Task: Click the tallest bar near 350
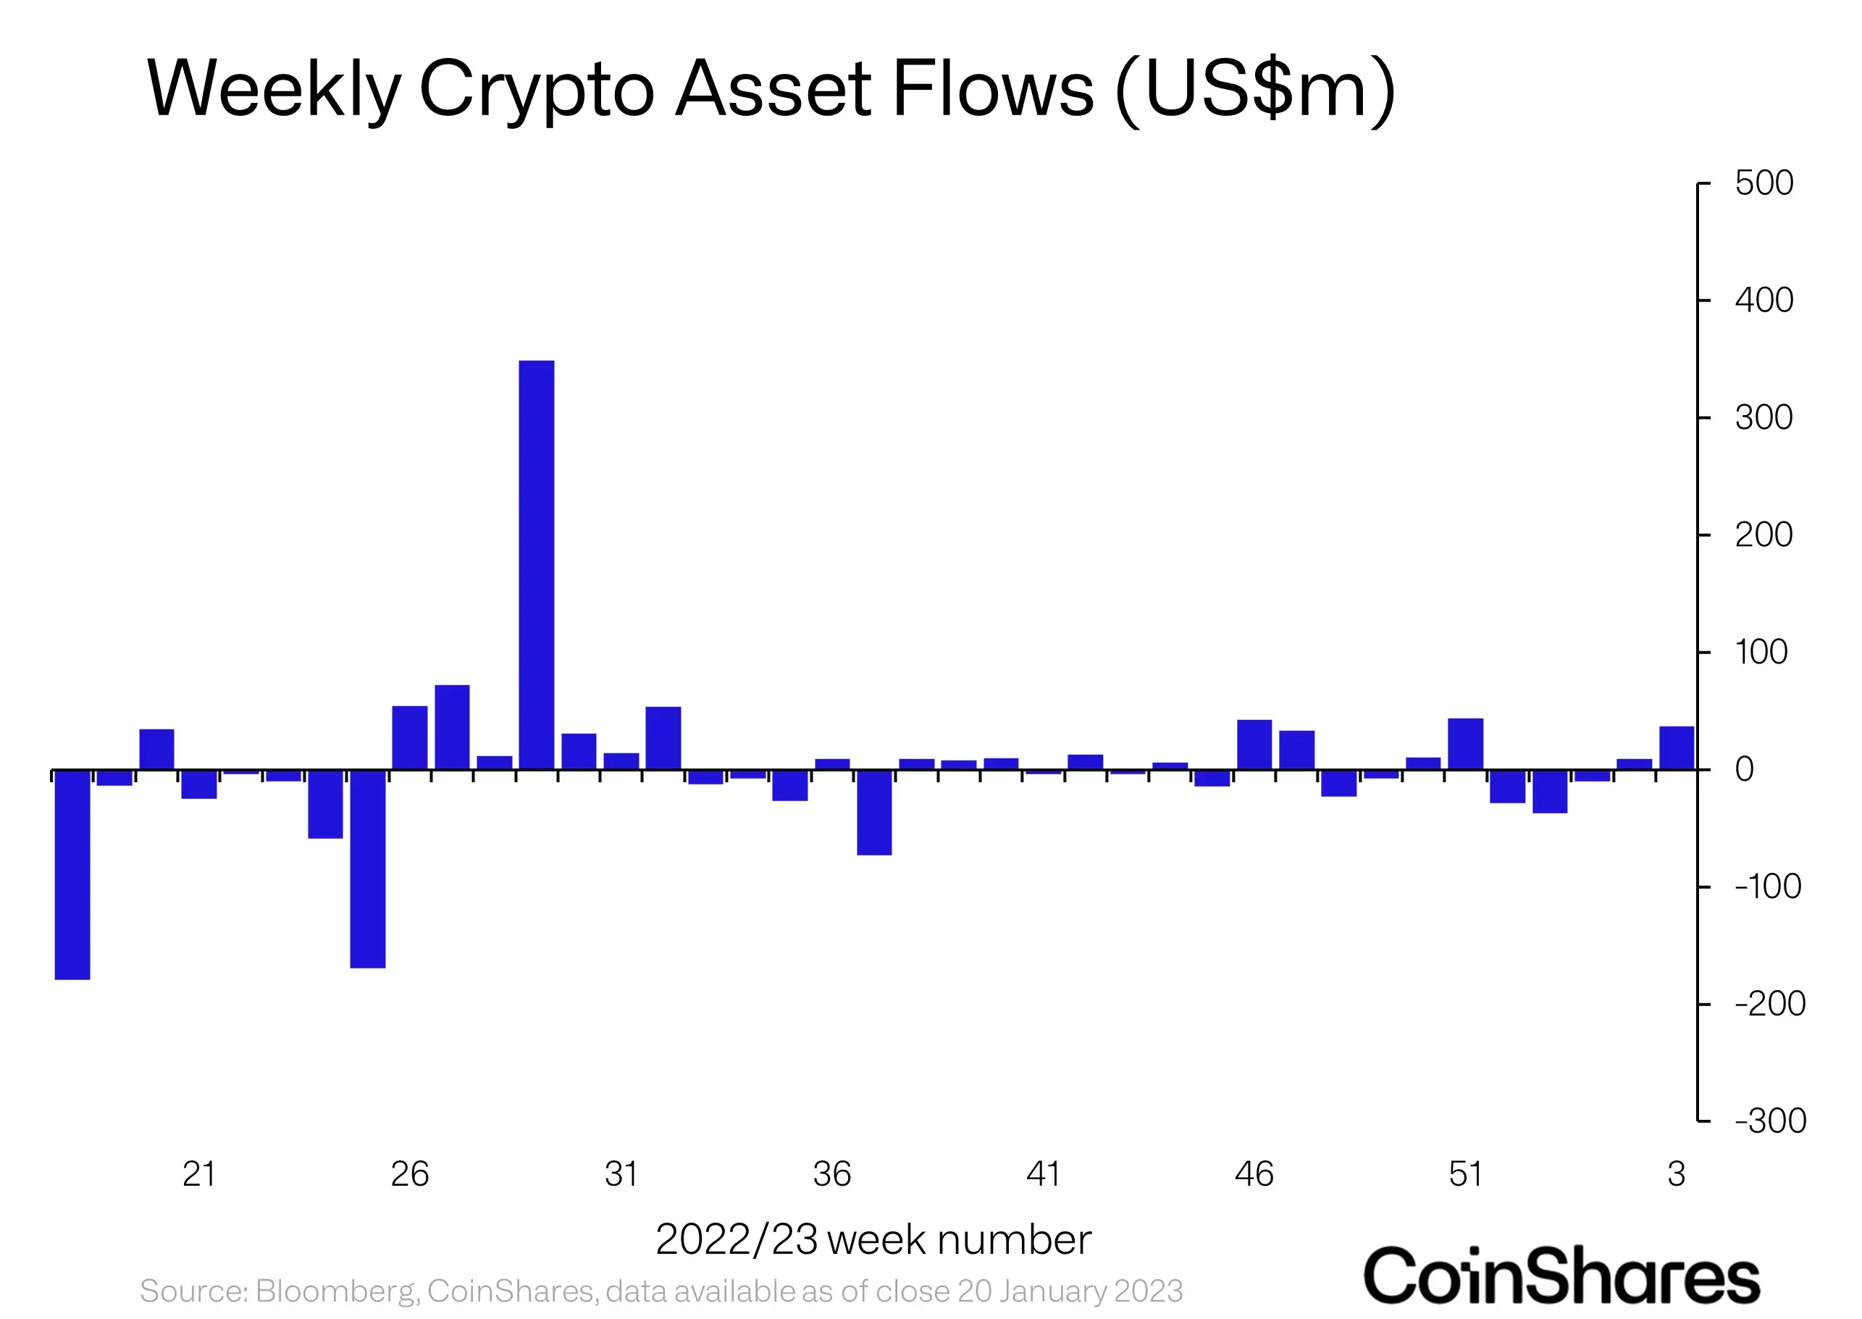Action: pyautogui.click(x=536, y=564)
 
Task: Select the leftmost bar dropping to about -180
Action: pyautogui.click(x=72, y=874)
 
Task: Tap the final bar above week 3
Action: pyautogui.click(x=1676, y=748)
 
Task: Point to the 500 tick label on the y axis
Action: pyautogui.click(x=1764, y=183)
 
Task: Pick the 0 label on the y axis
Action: pyautogui.click(x=1744, y=769)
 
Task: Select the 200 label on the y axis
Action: pyautogui.click(x=1764, y=535)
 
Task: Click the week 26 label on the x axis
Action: pyautogui.click(x=410, y=1174)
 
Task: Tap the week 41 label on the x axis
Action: pyautogui.click(x=1044, y=1174)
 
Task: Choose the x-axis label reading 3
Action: pyautogui.click(x=1676, y=1174)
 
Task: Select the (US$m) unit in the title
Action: pyautogui.click(x=1255, y=89)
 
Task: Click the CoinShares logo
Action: pyautogui.click(x=1561, y=1276)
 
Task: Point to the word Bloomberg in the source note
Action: pyautogui.click(x=336, y=1291)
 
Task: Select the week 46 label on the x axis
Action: pyautogui.click(x=1254, y=1174)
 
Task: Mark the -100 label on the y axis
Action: pyautogui.click(x=1768, y=886)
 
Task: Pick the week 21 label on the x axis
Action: pyautogui.click(x=199, y=1174)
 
